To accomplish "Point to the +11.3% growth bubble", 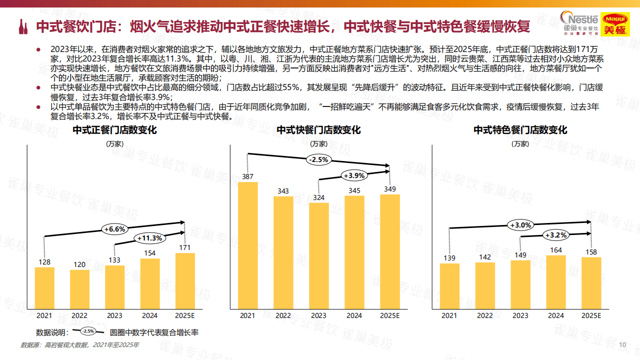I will [149, 238].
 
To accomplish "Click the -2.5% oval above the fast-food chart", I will [318, 160].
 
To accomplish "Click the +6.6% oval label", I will [114, 229].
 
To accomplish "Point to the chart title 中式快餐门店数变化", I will [318, 130].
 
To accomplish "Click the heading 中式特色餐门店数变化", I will [520, 130].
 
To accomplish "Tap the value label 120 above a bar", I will [79, 264].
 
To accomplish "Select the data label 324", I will [318, 197].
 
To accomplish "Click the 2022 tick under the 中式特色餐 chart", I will [484, 315].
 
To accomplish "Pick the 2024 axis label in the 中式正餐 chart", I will [149, 315].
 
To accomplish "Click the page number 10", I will [622, 345].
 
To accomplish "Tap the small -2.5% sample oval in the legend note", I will [88, 331].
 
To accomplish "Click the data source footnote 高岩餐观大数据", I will [80, 345].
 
